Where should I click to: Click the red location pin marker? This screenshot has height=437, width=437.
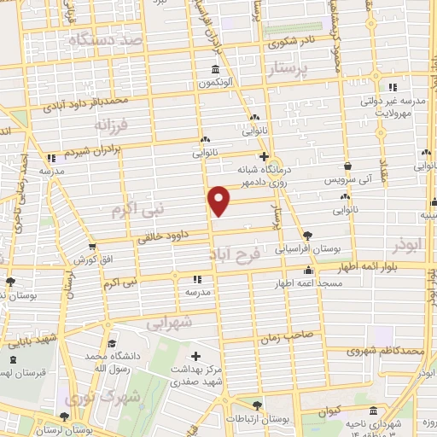click(220, 201)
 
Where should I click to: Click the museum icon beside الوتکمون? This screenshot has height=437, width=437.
click(214, 70)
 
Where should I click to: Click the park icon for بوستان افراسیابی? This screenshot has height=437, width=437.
click(307, 236)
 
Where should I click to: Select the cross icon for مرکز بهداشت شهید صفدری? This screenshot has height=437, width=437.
click(196, 356)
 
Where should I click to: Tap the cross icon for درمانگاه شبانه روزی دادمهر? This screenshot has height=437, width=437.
click(265, 156)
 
